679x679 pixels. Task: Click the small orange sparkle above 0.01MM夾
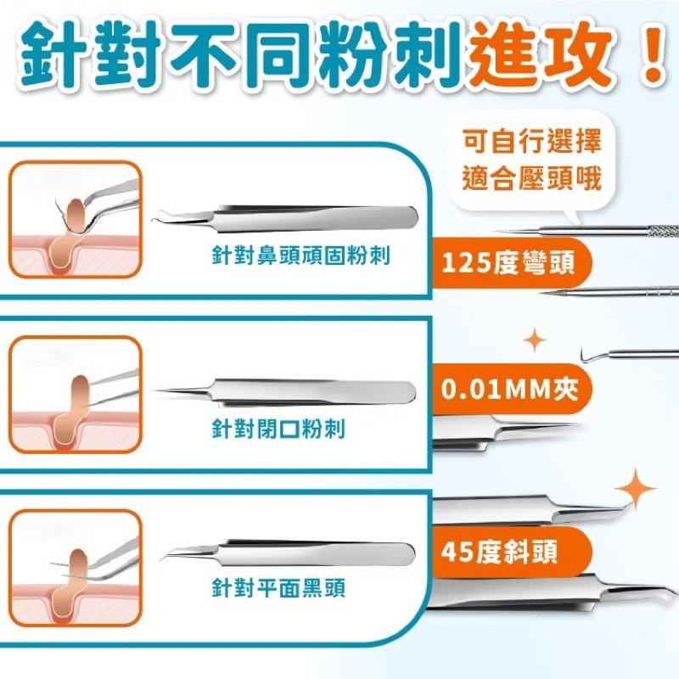[534, 341]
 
